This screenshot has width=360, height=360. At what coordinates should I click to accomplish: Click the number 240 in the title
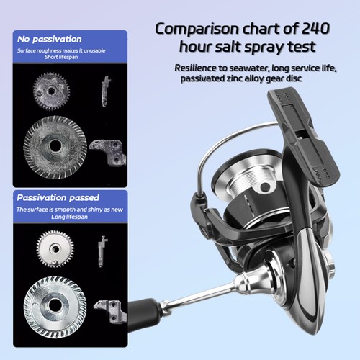[315, 29]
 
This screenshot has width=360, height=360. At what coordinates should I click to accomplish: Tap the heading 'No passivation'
[50, 39]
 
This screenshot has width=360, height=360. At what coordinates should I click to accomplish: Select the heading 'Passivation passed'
[58, 198]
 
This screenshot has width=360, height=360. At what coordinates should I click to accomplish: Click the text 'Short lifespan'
[61, 57]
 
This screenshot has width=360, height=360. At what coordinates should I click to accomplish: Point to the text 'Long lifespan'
[69, 217]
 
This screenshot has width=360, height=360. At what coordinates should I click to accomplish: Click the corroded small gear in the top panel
[51, 91]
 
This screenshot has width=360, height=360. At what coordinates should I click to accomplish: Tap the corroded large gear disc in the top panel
[55, 147]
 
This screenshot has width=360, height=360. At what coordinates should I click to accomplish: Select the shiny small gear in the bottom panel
[55, 249]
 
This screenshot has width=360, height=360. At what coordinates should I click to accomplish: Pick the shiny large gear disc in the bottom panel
[55, 307]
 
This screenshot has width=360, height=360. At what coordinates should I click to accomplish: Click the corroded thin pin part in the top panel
[105, 91]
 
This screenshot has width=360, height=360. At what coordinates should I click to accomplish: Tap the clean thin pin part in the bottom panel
[102, 251]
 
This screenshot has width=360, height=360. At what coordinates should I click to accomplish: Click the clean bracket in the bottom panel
[112, 311]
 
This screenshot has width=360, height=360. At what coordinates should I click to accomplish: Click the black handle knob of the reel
[142, 315]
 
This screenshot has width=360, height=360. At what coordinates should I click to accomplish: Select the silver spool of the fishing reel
[247, 180]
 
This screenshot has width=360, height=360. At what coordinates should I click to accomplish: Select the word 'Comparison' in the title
[197, 30]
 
